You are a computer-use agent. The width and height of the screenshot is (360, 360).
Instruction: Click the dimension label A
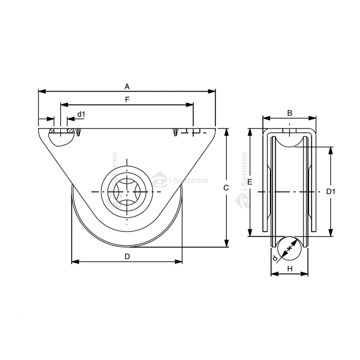point(127,86)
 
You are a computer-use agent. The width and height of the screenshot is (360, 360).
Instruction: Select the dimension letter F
point(128,99)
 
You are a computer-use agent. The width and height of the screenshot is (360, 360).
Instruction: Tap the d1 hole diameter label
point(81,114)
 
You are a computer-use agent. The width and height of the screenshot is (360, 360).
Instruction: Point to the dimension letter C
point(226,188)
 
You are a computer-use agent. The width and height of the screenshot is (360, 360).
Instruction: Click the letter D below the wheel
point(127,257)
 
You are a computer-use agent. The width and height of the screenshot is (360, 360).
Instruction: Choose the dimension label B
point(290,113)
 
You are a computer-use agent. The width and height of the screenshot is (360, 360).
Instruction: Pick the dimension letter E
point(250,182)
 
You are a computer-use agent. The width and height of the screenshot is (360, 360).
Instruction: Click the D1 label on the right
point(331,191)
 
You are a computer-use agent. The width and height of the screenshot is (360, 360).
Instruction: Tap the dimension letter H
point(290,268)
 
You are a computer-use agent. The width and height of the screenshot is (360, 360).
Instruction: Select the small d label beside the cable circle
point(275,258)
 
